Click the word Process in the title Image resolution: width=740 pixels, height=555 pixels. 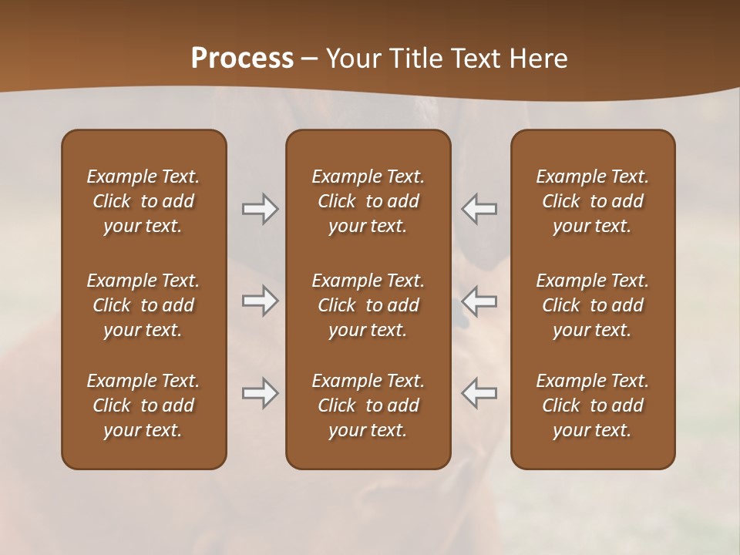click(242, 58)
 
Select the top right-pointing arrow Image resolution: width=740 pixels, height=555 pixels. click(260, 209)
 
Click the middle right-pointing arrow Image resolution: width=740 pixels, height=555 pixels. click(260, 301)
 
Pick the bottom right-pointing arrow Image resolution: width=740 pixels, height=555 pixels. click(260, 393)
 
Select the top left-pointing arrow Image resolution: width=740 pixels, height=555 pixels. click(479, 209)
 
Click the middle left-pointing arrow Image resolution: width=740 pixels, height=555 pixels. click(479, 301)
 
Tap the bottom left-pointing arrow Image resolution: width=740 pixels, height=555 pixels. click(479, 393)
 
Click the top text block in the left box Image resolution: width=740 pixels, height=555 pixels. click(143, 201)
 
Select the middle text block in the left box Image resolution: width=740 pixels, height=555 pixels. click(143, 305)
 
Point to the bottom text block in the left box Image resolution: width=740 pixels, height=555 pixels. click(143, 405)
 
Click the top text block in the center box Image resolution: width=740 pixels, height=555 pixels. click(368, 201)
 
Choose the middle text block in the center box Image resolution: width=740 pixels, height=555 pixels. click(368, 305)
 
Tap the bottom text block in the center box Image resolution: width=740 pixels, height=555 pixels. click(368, 405)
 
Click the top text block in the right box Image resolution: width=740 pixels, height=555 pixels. click(593, 201)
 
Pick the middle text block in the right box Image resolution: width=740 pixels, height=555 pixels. click(593, 305)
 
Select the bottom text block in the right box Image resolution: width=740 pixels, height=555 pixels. click(593, 405)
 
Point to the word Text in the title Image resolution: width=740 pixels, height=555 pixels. click(473, 58)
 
